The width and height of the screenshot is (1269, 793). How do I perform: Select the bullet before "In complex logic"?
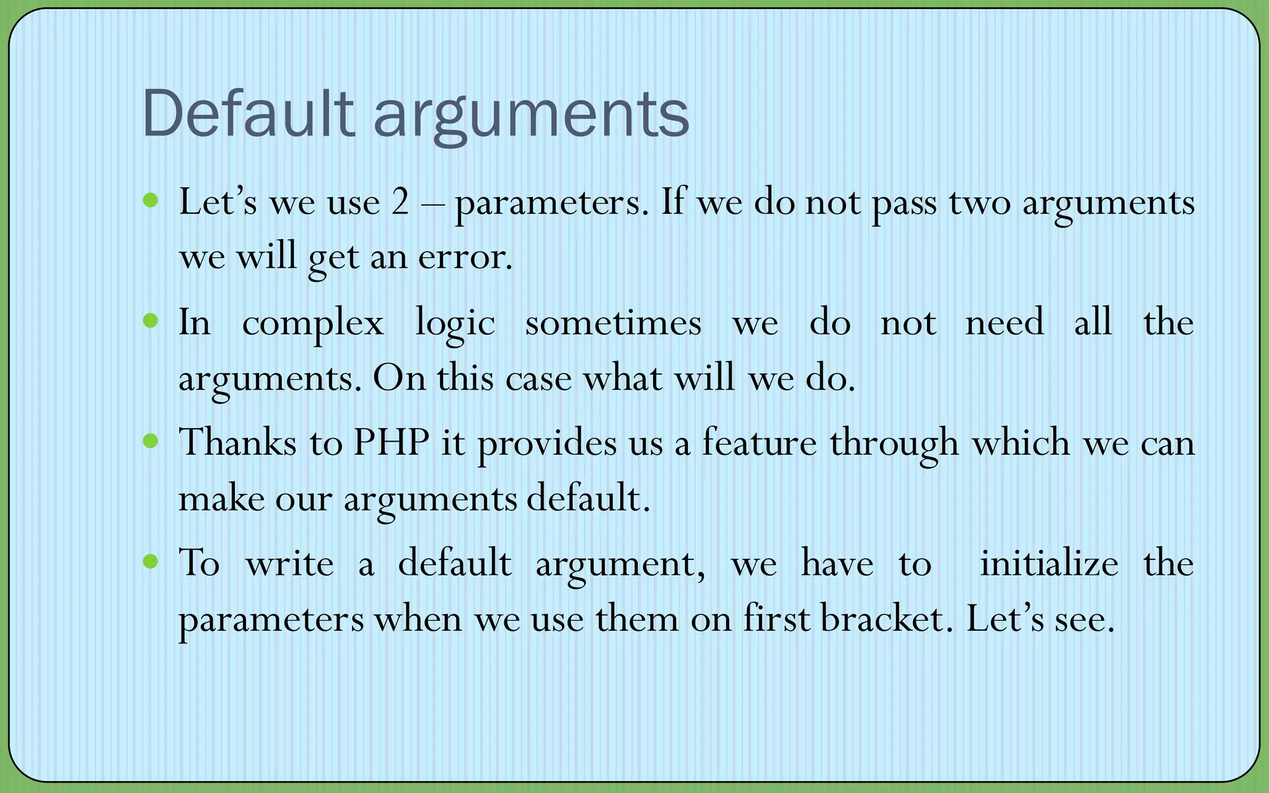pos(150,320)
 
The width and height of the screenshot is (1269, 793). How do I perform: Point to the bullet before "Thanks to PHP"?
pos(150,441)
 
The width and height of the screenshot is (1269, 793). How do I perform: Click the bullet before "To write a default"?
pos(150,561)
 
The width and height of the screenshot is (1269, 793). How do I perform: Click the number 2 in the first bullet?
pos(400,202)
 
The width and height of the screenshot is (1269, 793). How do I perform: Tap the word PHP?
pos(392,442)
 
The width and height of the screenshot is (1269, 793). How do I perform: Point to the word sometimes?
pos(613,323)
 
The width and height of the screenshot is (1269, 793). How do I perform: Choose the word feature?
pos(759,442)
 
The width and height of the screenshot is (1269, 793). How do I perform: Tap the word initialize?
pos(1048,563)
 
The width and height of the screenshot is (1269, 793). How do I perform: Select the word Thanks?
pos(237,442)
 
